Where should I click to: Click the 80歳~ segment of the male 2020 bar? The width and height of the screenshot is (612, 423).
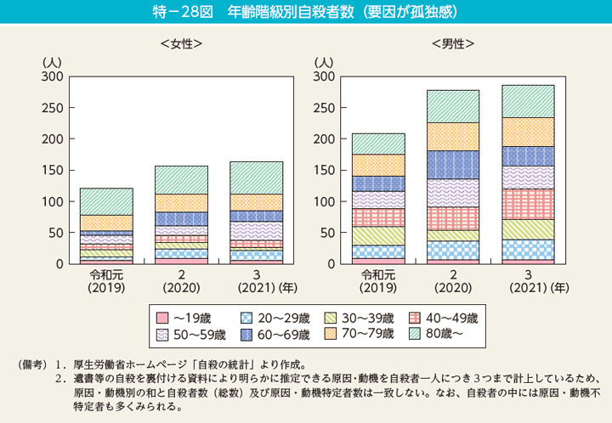[x=453, y=106]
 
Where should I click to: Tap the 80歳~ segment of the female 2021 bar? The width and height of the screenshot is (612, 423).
[x=257, y=178]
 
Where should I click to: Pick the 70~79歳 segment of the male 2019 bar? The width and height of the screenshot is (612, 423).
[x=378, y=165]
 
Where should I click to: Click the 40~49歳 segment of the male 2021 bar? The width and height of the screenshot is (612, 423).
[x=528, y=204]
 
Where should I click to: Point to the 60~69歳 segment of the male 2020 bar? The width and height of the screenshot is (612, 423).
[x=453, y=164]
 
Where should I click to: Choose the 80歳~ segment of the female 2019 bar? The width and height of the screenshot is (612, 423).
[x=106, y=201]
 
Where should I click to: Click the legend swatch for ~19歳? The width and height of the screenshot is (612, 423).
[x=163, y=318]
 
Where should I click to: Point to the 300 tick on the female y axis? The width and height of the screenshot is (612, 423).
[x=51, y=76]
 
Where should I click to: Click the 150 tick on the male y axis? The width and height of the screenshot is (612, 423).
[x=324, y=170]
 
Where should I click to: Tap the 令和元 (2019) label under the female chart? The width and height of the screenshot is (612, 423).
[x=106, y=280]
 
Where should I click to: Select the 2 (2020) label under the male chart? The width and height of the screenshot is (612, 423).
[x=453, y=280]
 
